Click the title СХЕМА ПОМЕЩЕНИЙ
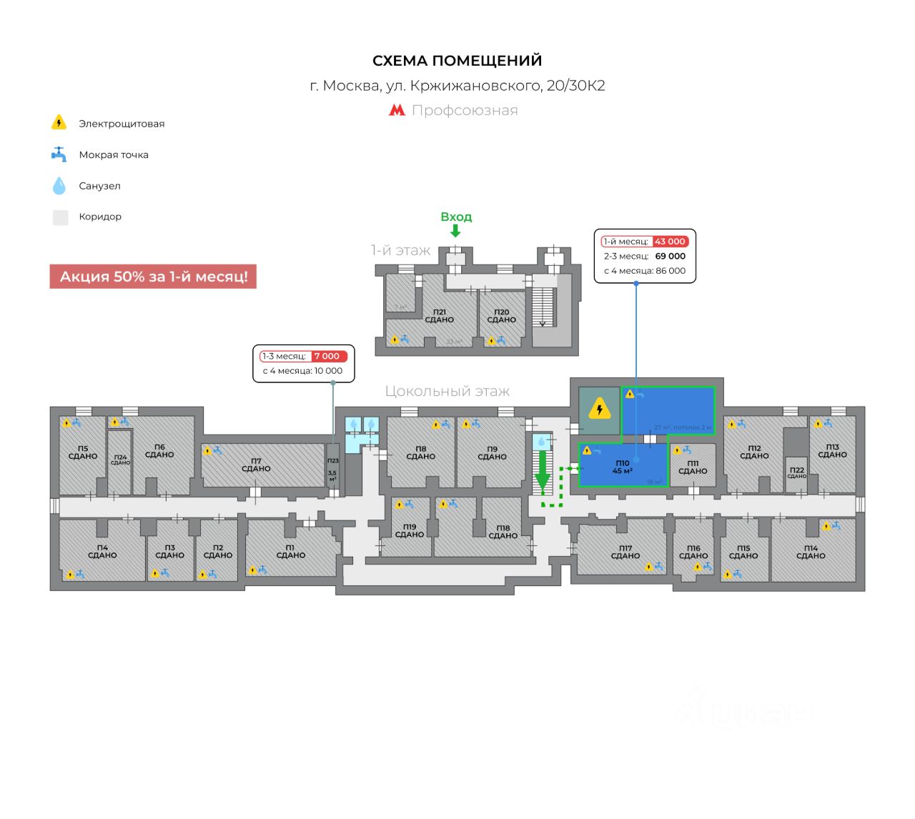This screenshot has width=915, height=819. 457,61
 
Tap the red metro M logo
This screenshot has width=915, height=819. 397,110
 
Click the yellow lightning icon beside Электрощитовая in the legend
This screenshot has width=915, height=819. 59,123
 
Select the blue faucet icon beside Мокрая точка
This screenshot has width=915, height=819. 59,154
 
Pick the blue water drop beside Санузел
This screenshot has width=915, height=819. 59,186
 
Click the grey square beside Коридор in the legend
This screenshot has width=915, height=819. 60,217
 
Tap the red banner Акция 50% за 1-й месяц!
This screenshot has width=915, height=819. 153,277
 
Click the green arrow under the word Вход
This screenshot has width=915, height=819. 455,231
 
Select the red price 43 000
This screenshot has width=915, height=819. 670,242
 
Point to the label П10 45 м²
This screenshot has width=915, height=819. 622,467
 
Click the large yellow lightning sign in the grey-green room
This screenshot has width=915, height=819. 599,410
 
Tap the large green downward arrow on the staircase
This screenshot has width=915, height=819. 543,472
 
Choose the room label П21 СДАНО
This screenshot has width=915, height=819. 439,316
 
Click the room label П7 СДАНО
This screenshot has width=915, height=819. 256,465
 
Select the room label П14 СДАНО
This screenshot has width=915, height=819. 811,552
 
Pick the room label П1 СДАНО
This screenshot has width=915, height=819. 290,551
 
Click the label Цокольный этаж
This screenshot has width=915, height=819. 447,392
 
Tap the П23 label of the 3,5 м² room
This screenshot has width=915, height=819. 332,461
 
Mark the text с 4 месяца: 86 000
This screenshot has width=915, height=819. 644,271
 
